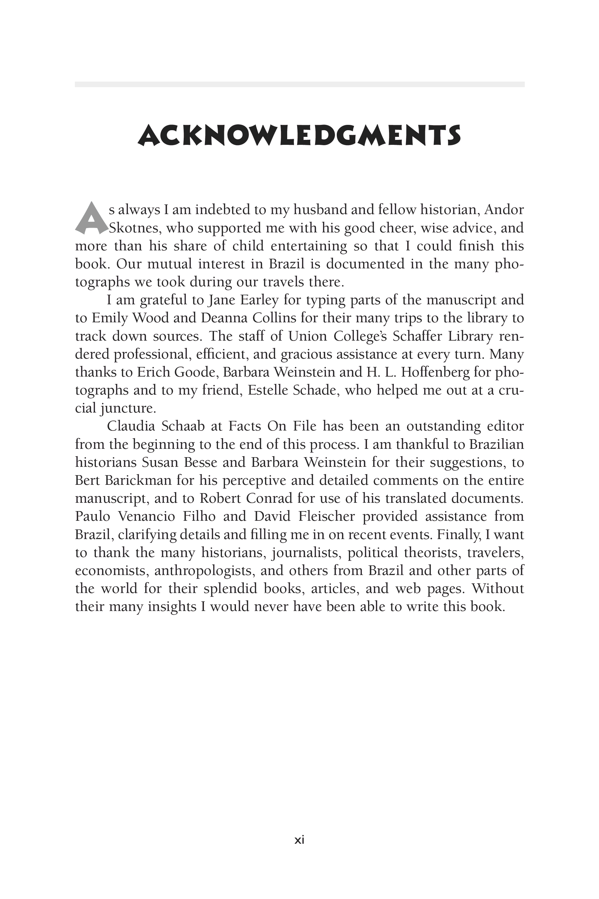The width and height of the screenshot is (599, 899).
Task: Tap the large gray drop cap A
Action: (91, 219)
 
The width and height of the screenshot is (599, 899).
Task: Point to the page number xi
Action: (299, 840)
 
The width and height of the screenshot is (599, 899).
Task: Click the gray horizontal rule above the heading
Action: (299, 85)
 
